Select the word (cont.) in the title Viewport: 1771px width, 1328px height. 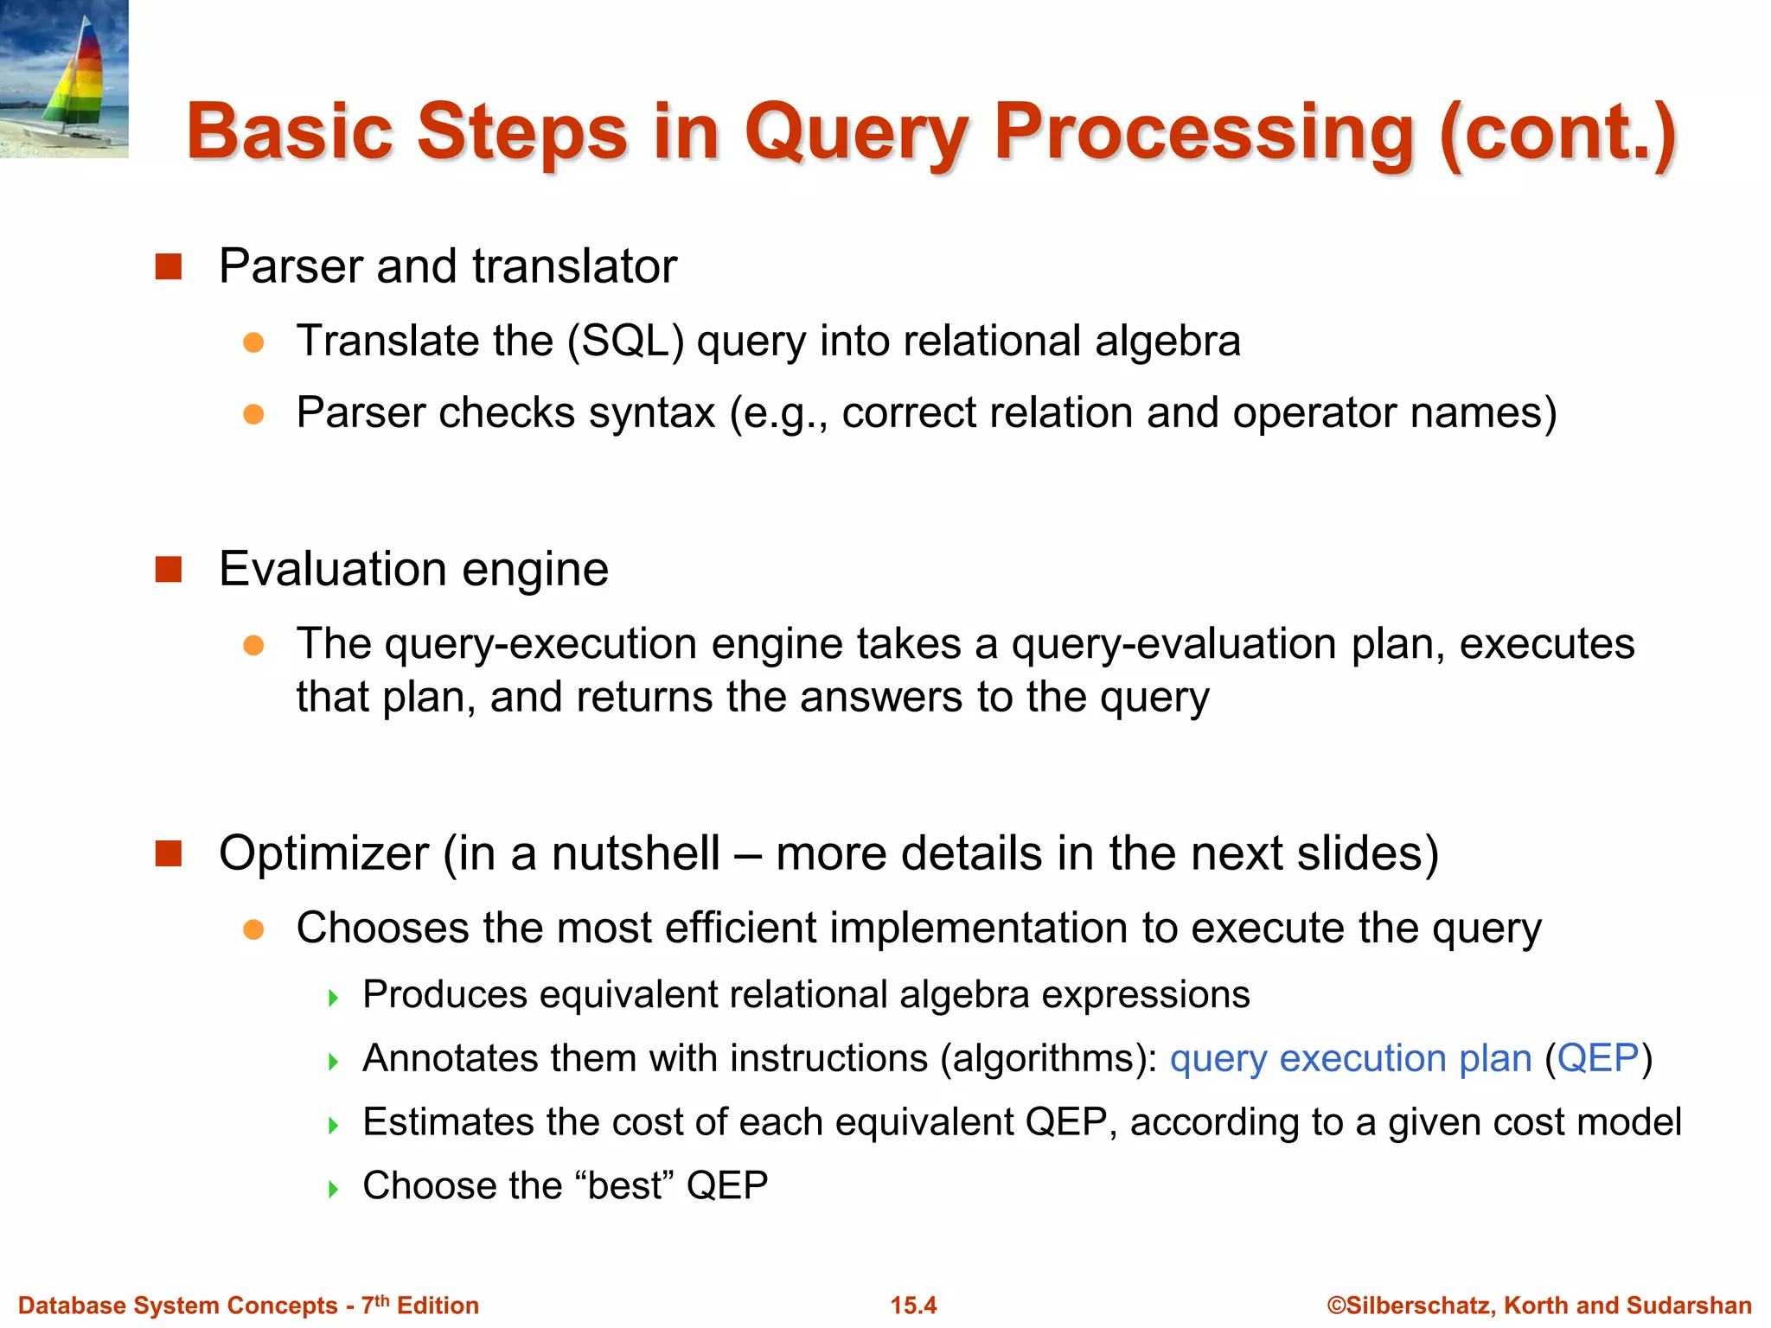point(1557,133)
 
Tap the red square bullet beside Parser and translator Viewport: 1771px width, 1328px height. point(168,266)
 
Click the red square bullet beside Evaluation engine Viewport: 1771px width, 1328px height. point(168,570)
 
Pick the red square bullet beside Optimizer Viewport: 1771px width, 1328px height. point(168,853)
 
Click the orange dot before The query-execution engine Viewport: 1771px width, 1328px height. point(253,645)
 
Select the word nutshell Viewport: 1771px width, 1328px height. point(636,853)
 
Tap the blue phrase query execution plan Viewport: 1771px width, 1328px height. point(1350,1058)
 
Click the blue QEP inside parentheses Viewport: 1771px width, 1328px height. point(1597,1058)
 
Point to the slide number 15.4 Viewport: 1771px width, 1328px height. point(913,1305)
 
